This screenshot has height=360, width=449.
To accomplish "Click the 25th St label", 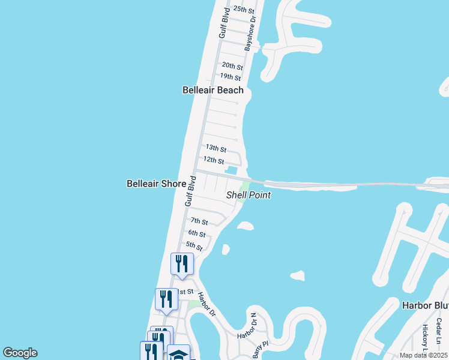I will click(244, 10).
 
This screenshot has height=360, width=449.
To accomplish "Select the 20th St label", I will click(232, 66).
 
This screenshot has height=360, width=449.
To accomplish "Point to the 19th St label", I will click(230, 77).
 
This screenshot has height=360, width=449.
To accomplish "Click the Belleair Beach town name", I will click(213, 90).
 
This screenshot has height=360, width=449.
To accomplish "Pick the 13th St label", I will click(215, 148).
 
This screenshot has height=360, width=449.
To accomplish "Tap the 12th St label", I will click(213, 161).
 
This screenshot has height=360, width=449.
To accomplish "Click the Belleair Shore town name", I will click(156, 184).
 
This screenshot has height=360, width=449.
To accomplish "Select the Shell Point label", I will click(248, 195).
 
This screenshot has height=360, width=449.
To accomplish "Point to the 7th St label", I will click(199, 222).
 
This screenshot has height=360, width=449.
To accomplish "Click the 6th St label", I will click(196, 233).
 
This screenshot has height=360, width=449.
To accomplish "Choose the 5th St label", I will click(194, 245).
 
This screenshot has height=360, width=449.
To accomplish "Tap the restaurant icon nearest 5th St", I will click(182, 263).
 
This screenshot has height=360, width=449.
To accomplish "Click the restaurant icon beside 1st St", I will click(166, 299).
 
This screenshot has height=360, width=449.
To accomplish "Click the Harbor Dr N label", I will click(246, 325).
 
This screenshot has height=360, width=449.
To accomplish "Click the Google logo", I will click(20, 353).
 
